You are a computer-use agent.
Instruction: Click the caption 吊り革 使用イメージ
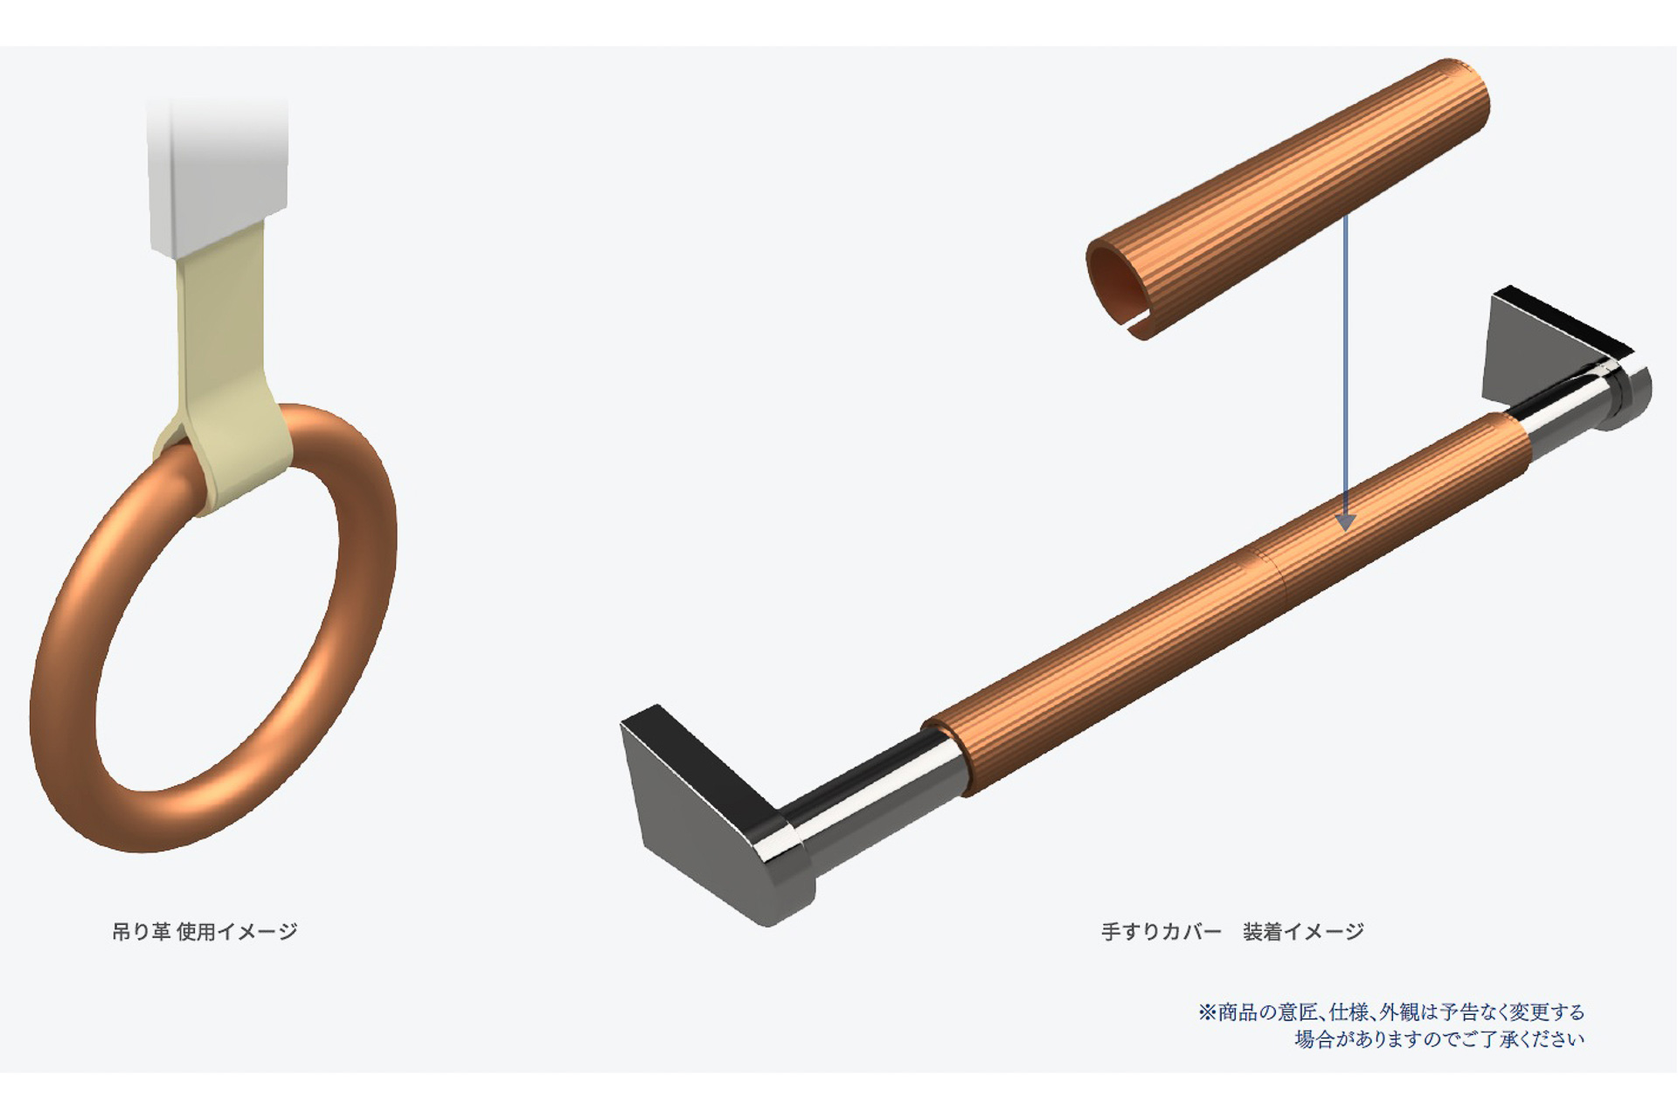pyautogui.click(x=205, y=932)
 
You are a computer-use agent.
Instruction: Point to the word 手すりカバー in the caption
pyautogui.click(x=1161, y=932)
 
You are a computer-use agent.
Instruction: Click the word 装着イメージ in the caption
pyautogui.click(x=1303, y=932)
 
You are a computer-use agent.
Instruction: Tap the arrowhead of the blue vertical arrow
pyautogui.click(x=1346, y=522)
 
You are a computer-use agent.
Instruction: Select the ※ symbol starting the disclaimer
pyautogui.click(x=1207, y=1012)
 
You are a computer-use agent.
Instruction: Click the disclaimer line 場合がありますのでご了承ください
pyautogui.click(x=1439, y=1039)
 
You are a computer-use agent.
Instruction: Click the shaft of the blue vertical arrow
pyautogui.click(x=1346, y=350)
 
